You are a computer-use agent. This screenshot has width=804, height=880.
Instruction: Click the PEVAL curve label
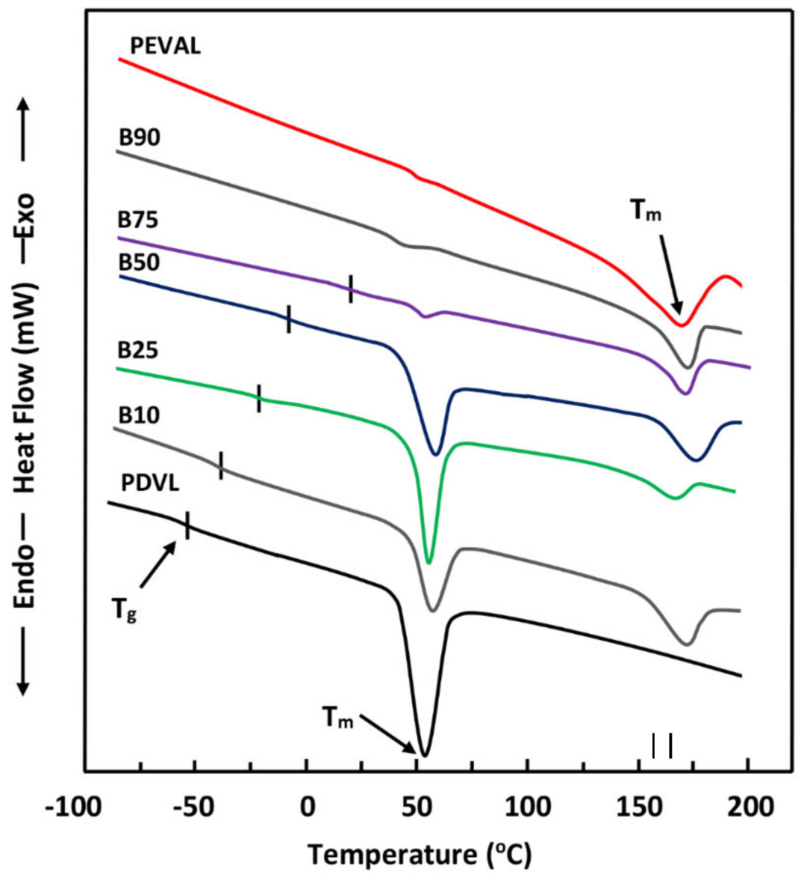coord(166,46)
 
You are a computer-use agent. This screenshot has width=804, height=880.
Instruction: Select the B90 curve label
coord(140,137)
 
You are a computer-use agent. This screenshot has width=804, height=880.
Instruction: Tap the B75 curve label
coord(138,220)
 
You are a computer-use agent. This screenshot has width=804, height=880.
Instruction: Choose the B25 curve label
coord(138,350)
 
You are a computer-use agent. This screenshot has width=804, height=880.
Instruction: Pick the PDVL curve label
coord(150,483)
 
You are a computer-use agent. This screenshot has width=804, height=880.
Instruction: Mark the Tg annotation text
coord(125,609)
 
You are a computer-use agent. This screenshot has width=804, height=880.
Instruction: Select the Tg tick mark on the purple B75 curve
coord(350,288)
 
